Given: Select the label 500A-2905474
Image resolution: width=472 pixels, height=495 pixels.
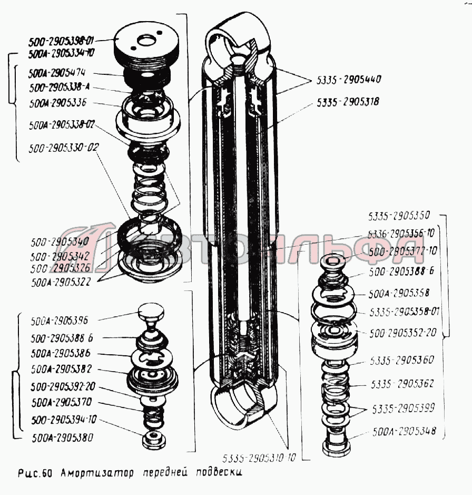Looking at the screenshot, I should point(61,72).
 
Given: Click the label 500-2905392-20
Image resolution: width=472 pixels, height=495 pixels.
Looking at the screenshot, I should point(62,386).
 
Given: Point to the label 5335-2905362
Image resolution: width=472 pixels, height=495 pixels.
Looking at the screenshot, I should point(402,384).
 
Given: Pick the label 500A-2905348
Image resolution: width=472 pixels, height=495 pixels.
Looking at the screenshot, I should point(404,431).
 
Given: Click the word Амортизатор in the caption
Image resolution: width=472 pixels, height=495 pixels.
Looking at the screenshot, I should point(96,472).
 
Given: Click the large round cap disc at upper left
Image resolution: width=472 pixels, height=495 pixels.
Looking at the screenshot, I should point(143,45).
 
